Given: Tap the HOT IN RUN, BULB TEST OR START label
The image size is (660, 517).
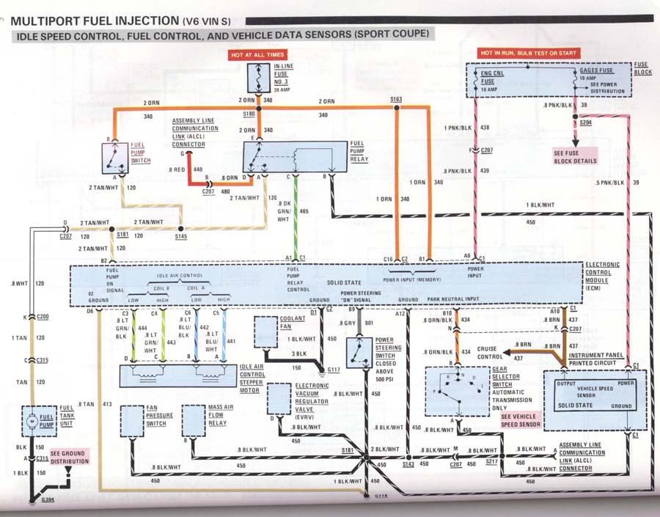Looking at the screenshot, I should pyautogui.click(x=529, y=54).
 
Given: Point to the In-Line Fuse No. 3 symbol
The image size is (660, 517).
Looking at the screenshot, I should pyautogui.click(x=259, y=77).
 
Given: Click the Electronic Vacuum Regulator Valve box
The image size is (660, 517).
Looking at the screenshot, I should pyautogui.click(x=279, y=400).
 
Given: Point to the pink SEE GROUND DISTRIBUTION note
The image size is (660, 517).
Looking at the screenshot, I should pyautogui.click(x=69, y=457).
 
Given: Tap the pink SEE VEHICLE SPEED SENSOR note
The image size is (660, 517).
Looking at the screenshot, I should pyautogui.click(x=521, y=420).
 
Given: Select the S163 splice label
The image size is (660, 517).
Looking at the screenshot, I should pyautogui.click(x=396, y=98).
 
